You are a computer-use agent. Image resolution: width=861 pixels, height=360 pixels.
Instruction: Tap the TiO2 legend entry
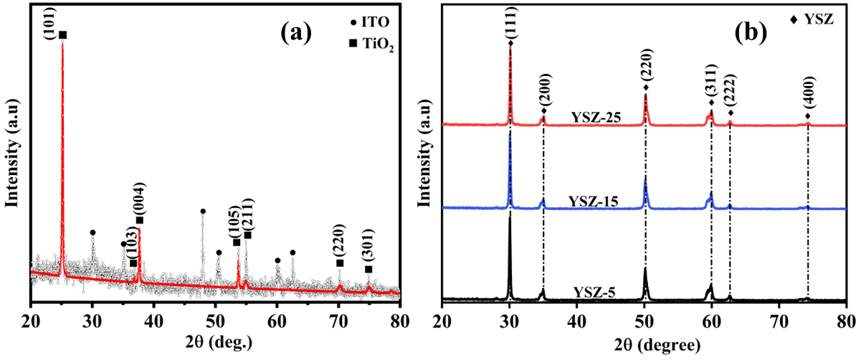tap(373, 47)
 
